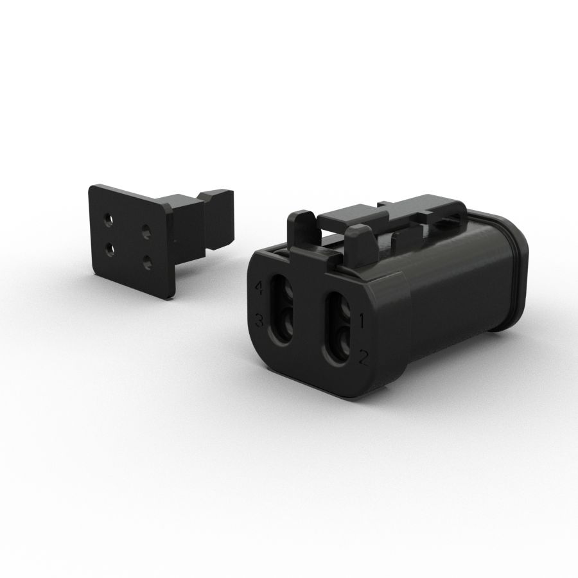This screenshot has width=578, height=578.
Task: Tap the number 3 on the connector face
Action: click(259, 319)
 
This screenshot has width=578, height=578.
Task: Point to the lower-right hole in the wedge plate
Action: click(148, 260)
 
